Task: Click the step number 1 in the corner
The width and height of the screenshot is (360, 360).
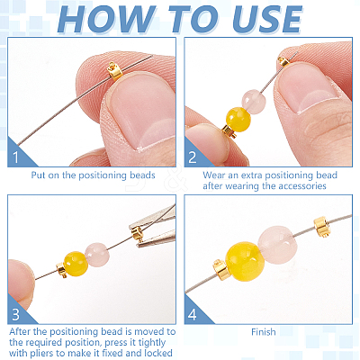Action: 15,157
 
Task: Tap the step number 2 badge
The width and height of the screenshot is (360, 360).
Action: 193,157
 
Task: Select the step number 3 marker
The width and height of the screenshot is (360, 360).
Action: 15,314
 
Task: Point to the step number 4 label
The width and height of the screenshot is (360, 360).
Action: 193,314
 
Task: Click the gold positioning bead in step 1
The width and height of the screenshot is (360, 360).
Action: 114,71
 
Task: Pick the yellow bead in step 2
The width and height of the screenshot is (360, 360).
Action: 238,120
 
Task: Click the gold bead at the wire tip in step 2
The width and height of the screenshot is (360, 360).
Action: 283,61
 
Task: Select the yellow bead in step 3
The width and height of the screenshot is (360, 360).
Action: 76,264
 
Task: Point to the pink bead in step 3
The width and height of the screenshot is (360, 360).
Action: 97,255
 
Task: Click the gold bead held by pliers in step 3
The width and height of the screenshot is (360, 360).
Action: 138,234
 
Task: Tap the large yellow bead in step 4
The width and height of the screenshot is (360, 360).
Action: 245,261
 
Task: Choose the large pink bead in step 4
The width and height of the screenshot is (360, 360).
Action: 277,245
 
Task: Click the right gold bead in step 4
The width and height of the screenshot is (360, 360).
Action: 322,227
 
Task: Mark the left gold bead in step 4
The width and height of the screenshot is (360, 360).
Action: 221,270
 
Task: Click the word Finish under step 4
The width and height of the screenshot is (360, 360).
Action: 264,332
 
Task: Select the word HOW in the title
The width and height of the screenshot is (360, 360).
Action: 106,19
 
